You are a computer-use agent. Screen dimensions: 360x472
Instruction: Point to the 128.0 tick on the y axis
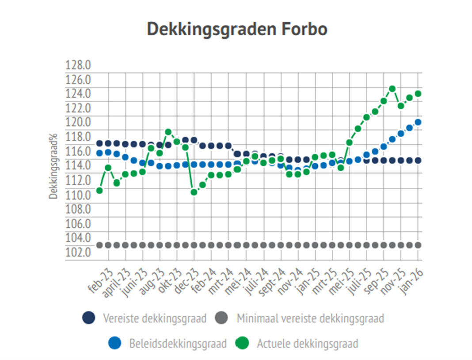[78, 65]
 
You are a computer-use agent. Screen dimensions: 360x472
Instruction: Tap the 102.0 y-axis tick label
[78, 252]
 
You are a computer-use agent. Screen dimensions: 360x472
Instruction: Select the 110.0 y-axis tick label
[78, 195]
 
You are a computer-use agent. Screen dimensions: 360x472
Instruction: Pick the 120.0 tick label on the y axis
[78, 123]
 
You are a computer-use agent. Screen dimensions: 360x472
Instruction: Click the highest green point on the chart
[392, 89]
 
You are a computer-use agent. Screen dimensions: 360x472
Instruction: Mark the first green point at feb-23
[99, 191]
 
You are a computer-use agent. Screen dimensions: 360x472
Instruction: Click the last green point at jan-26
[418, 94]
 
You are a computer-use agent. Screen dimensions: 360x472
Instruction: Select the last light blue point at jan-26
[418, 122]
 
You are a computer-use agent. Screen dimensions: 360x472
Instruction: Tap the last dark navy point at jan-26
[418, 161]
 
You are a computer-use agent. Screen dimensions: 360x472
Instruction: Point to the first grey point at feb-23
[99, 245]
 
